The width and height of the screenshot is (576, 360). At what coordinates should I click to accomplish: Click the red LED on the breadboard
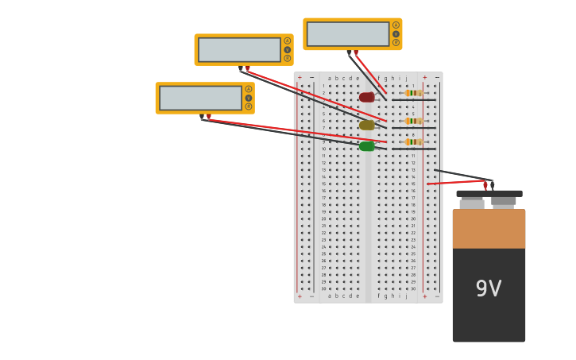pos(366,97)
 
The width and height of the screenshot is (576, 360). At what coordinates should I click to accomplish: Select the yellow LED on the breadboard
pos(366,125)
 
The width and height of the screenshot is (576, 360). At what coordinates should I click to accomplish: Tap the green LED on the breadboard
pos(366,146)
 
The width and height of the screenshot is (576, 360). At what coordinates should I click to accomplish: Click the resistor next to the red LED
pos(413,93)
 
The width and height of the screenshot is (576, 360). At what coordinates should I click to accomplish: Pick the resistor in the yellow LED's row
pos(413,121)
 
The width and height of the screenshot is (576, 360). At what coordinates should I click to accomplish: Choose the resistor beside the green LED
pos(413,141)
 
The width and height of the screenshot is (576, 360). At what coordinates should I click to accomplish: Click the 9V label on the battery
pos(489,289)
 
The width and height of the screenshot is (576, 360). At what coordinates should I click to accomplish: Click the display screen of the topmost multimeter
pos(348,34)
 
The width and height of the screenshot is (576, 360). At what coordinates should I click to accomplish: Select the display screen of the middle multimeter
pos(239,49)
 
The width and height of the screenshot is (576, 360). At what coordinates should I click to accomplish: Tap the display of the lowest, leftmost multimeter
pos(200,98)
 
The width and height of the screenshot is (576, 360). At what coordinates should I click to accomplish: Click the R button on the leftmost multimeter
pos(249,106)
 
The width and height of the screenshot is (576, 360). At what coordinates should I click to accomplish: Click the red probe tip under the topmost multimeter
pos(355,53)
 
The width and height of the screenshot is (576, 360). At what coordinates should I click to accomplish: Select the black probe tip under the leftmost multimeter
pos(203,118)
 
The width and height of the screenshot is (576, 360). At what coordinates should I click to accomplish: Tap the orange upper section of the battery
pos(489,229)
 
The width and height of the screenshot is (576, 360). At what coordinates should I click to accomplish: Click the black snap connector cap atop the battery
pos(489,193)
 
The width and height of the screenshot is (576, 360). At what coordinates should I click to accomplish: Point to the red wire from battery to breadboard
pos(456,182)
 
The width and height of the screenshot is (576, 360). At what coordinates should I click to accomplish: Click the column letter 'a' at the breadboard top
pos(330,79)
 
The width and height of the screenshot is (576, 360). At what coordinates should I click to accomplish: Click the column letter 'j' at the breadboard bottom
pos(406,296)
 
